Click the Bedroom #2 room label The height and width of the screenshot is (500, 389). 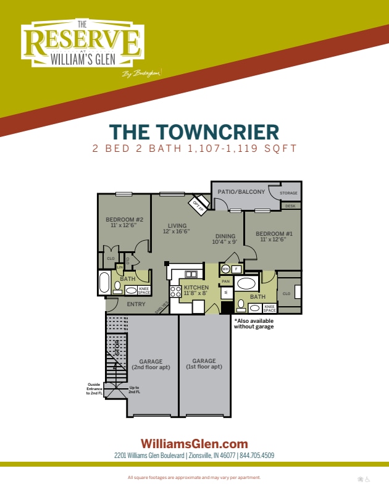124,220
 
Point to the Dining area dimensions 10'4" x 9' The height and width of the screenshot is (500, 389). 225,242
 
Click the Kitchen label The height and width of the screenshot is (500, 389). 196,288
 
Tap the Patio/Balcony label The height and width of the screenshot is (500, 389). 241,192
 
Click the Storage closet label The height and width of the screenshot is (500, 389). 288,193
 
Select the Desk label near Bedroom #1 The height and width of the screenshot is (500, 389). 290,206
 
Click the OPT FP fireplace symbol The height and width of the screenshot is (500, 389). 198,204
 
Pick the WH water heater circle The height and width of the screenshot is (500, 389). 225,269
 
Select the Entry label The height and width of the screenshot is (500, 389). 136,304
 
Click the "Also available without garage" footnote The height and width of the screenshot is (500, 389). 253,323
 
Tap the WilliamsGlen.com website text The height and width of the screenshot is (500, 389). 194,443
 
